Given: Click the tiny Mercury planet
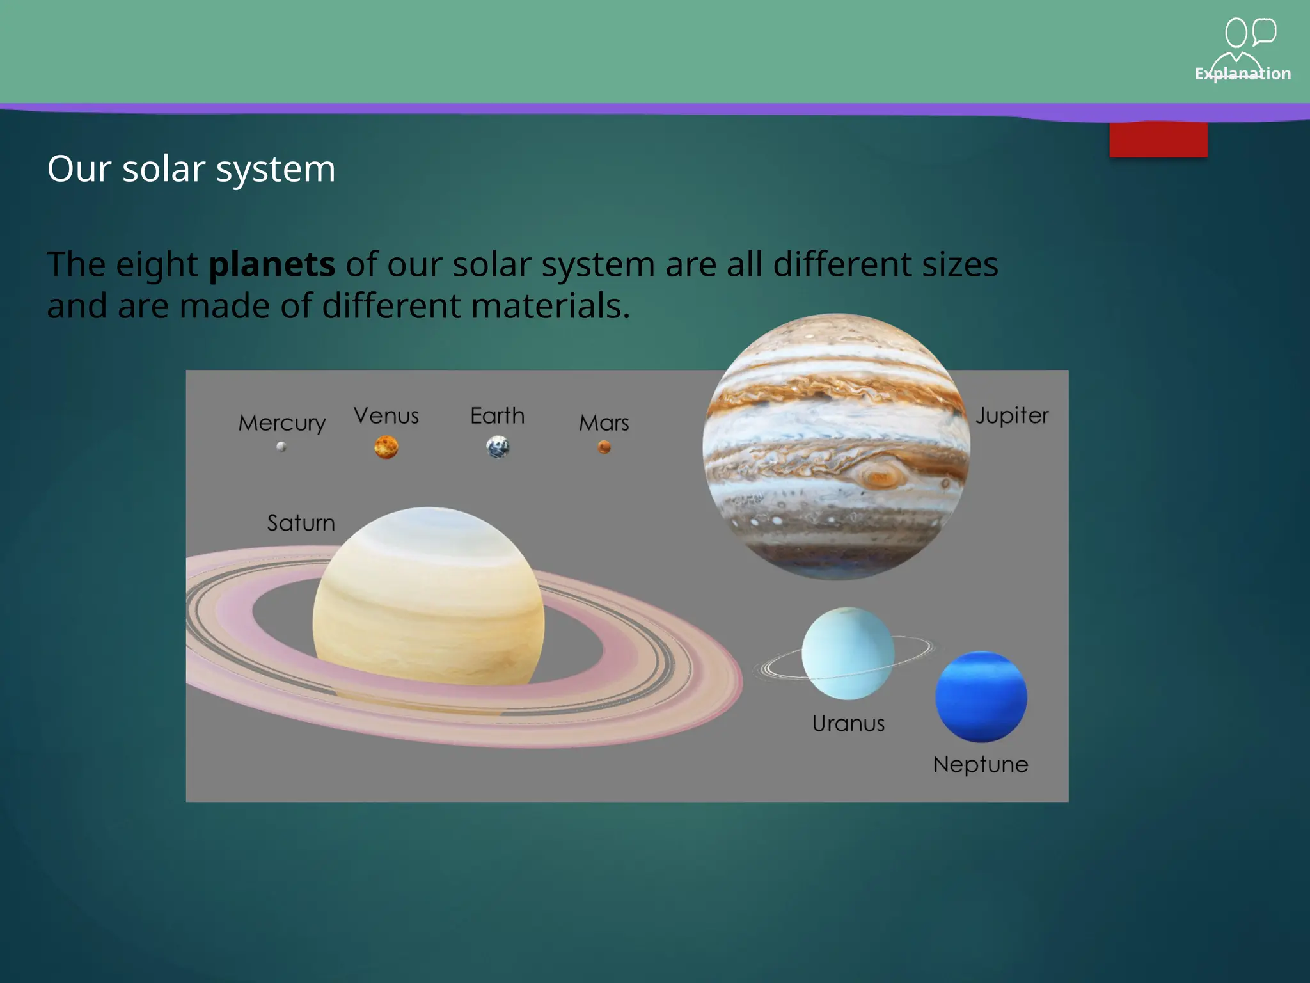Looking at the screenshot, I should tap(281, 447).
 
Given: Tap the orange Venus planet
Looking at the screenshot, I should tap(386, 447).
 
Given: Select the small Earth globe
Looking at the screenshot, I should tap(498, 447).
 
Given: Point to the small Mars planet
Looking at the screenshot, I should tap(604, 447).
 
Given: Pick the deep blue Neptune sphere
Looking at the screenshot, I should tap(981, 696).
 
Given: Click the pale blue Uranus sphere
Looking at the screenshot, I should tap(848, 653).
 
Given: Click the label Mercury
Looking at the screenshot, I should tap(282, 423).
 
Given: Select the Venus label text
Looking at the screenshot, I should tap(386, 416).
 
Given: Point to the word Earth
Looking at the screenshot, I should tap(497, 416).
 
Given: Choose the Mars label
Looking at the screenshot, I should tap(604, 423).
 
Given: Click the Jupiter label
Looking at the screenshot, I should tap(1012, 416).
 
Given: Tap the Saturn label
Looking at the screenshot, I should tap(301, 523).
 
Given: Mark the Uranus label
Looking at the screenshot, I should tap(848, 723).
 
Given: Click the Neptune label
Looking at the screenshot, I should tap(981, 764).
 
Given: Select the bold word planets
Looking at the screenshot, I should tap(272, 264).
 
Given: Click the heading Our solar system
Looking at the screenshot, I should tap(191, 169).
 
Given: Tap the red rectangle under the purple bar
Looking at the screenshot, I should tap(1158, 140).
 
